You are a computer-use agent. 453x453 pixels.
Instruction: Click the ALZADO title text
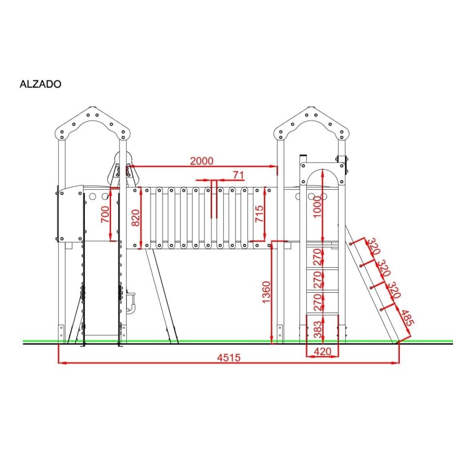coord(40,84)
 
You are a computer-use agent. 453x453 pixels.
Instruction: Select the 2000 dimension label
coord(202,161)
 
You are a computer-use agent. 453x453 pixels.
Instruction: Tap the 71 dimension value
coord(238,175)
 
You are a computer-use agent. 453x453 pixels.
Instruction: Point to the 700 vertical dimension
coord(105,214)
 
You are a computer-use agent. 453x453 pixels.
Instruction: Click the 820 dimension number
coord(135,218)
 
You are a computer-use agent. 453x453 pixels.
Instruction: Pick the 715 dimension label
coord(259,213)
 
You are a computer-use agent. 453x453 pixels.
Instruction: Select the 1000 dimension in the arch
coord(317,207)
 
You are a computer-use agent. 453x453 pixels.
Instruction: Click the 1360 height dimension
coord(266,292)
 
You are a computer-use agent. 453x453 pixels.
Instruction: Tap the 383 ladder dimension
coord(318,330)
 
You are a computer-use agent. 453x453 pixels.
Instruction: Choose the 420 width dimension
coord(322,352)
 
